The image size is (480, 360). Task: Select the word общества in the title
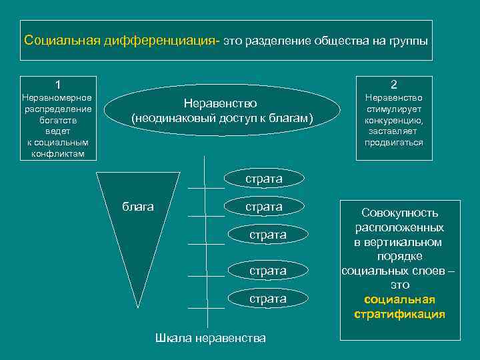[x=341, y=41]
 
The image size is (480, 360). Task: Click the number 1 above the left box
[x=58, y=85]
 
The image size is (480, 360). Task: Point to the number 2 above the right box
[x=394, y=85]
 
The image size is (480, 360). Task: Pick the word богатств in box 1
[x=58, y=121]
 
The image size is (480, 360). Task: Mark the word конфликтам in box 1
[x=58, y=154]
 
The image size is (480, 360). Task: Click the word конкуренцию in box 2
[x=394, y=121]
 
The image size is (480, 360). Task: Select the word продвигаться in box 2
[x=394, y=143]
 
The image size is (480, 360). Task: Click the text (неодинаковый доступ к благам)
[x=222, y=118]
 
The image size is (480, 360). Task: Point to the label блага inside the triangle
[x=138, y=207]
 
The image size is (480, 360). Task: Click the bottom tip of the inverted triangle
[x=139, y=306]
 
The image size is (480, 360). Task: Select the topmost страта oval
[x=264, y=179]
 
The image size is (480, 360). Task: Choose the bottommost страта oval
[x=267, y=299]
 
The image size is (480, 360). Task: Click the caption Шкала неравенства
[x=211, y=338]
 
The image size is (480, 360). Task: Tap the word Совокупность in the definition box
[x=399, y=213]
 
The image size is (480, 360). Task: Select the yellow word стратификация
[x=399, y=314]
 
